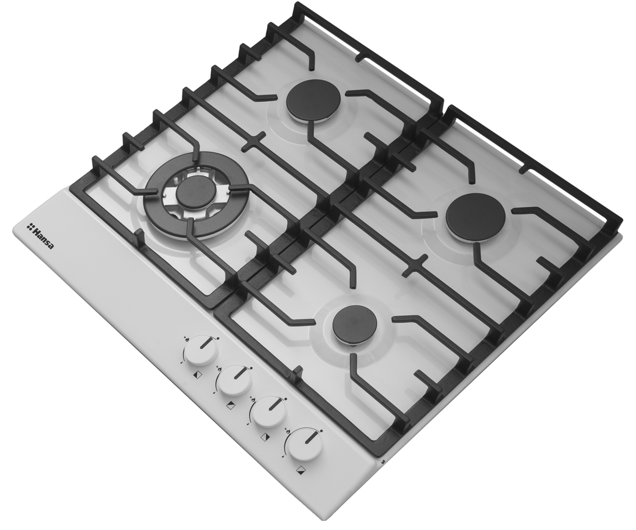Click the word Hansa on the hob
click(x=43, y=238)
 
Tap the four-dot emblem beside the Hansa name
click(x=30, y=226)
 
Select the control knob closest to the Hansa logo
click(x=201, y=350)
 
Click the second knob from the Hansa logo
click(x=235, y=381)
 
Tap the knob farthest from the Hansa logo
click(x=305, y=445)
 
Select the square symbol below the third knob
click(x=264, y=437)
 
